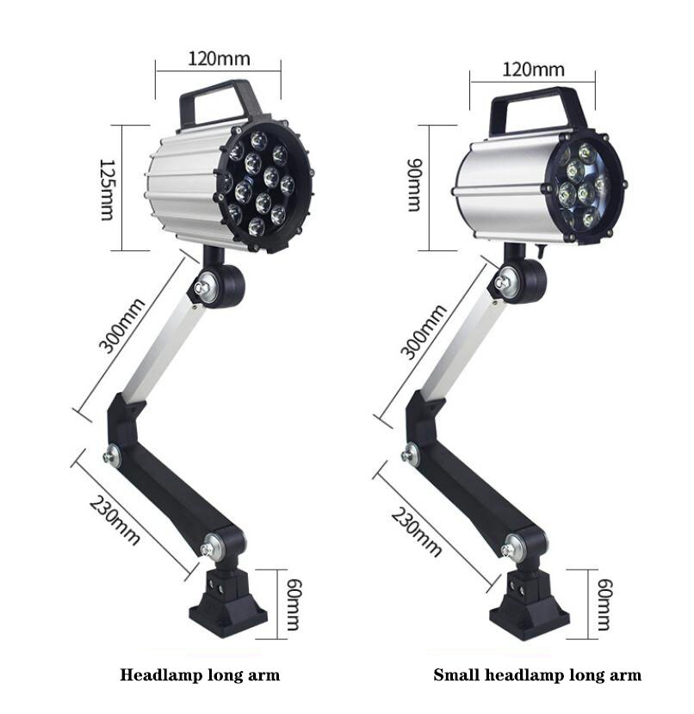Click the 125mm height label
click(x=107, y=188)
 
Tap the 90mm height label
click(x=414, y=188)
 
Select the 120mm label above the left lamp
click(x=219, y=58)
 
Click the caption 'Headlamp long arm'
click(x=200, y=675)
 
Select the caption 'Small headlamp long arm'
click(x=537, y=675)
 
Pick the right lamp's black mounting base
click(x=529, y=606)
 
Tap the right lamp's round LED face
click(x=584, y=185)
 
